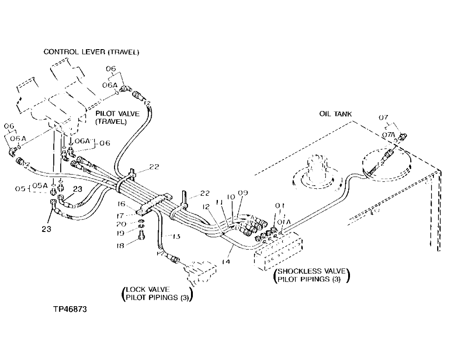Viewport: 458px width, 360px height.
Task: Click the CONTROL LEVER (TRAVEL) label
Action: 91,52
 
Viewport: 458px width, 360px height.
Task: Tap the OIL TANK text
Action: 336,114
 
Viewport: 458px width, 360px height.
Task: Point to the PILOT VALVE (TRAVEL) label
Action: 111,117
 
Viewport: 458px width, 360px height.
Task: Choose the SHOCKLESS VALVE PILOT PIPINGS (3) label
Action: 312,275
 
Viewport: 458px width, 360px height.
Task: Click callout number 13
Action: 176,236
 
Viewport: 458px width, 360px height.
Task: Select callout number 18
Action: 121,246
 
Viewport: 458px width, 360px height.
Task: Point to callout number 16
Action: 121,204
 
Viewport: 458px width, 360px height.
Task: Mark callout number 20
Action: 121,224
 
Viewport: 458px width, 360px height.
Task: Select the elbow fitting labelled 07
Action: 401,137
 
